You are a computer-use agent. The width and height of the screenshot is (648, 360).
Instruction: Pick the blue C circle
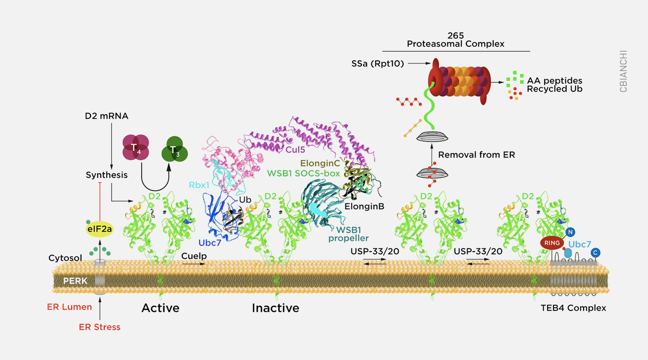point(595,253)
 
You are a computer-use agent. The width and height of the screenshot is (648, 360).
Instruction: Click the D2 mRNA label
point(107,116)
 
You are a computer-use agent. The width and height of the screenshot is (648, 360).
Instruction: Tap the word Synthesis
point(107,175)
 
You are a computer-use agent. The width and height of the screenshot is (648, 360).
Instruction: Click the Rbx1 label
point(198,184)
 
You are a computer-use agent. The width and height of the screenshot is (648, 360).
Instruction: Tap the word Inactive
point(275,308)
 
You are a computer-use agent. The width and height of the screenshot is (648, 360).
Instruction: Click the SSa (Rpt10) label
point(377,64)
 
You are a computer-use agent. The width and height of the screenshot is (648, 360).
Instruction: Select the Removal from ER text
point(477,155)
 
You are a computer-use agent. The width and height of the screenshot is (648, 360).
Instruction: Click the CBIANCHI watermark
point(623,71)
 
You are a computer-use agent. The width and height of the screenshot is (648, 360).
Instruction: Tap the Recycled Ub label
point(555,89)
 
